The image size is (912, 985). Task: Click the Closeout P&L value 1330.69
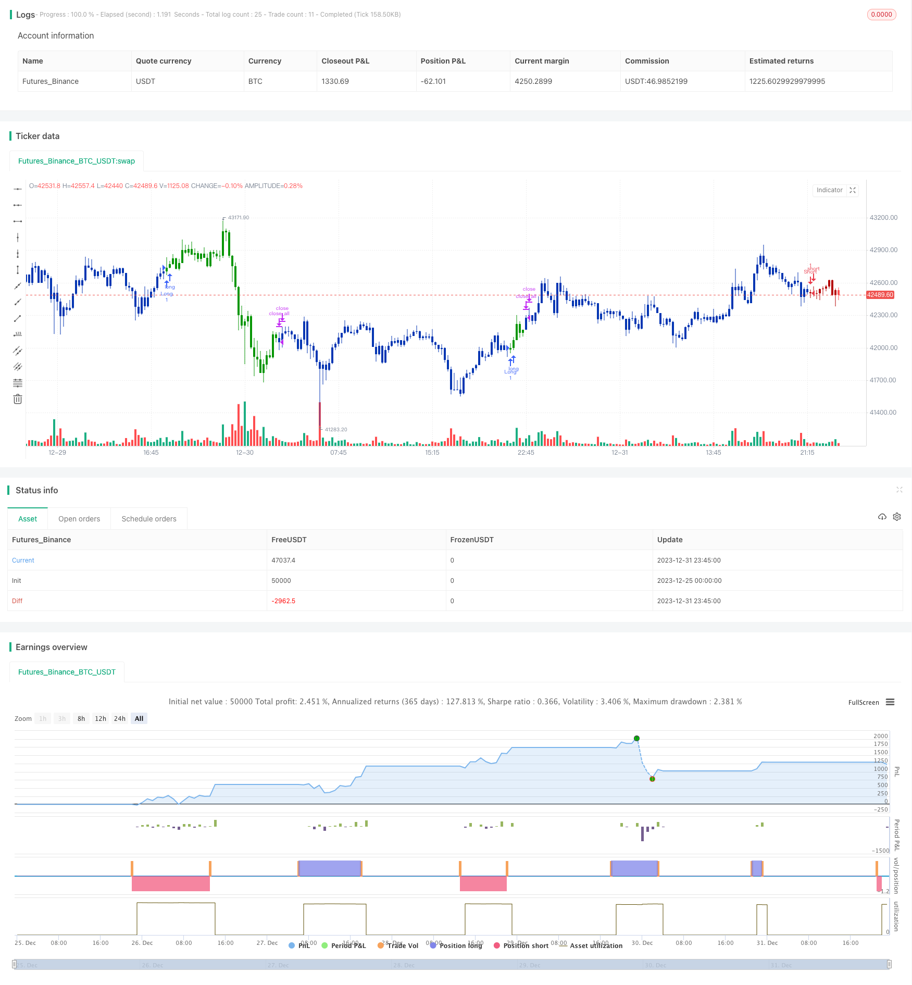tap(335, 81)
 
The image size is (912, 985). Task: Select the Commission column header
tap(647, 61)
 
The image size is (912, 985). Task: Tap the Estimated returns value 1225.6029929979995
tap(787, 81)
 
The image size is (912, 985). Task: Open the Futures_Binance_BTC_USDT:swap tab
tap(77, 161)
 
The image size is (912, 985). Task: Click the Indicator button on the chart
tap(829, 190)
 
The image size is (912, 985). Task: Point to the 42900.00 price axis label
tap(883, 250)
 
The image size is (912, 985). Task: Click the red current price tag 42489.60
tap(880, 295)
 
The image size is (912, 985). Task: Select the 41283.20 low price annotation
tap(336, 430)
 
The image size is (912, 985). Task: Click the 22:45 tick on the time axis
tap(526, 453)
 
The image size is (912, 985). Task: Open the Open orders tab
tap(79, 519)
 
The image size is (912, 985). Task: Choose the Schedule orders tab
tap(149, 519)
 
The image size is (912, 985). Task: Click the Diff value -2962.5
tap(283, 601)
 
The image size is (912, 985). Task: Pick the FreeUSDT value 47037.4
tap(283, 560)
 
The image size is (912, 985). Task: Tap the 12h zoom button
tap(101, 719)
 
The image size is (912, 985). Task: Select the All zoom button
tap(139, 719)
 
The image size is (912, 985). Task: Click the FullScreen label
tap(864, 703)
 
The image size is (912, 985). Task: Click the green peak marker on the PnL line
tap(636, 739)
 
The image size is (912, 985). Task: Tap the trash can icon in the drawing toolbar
tap(18, 400)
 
